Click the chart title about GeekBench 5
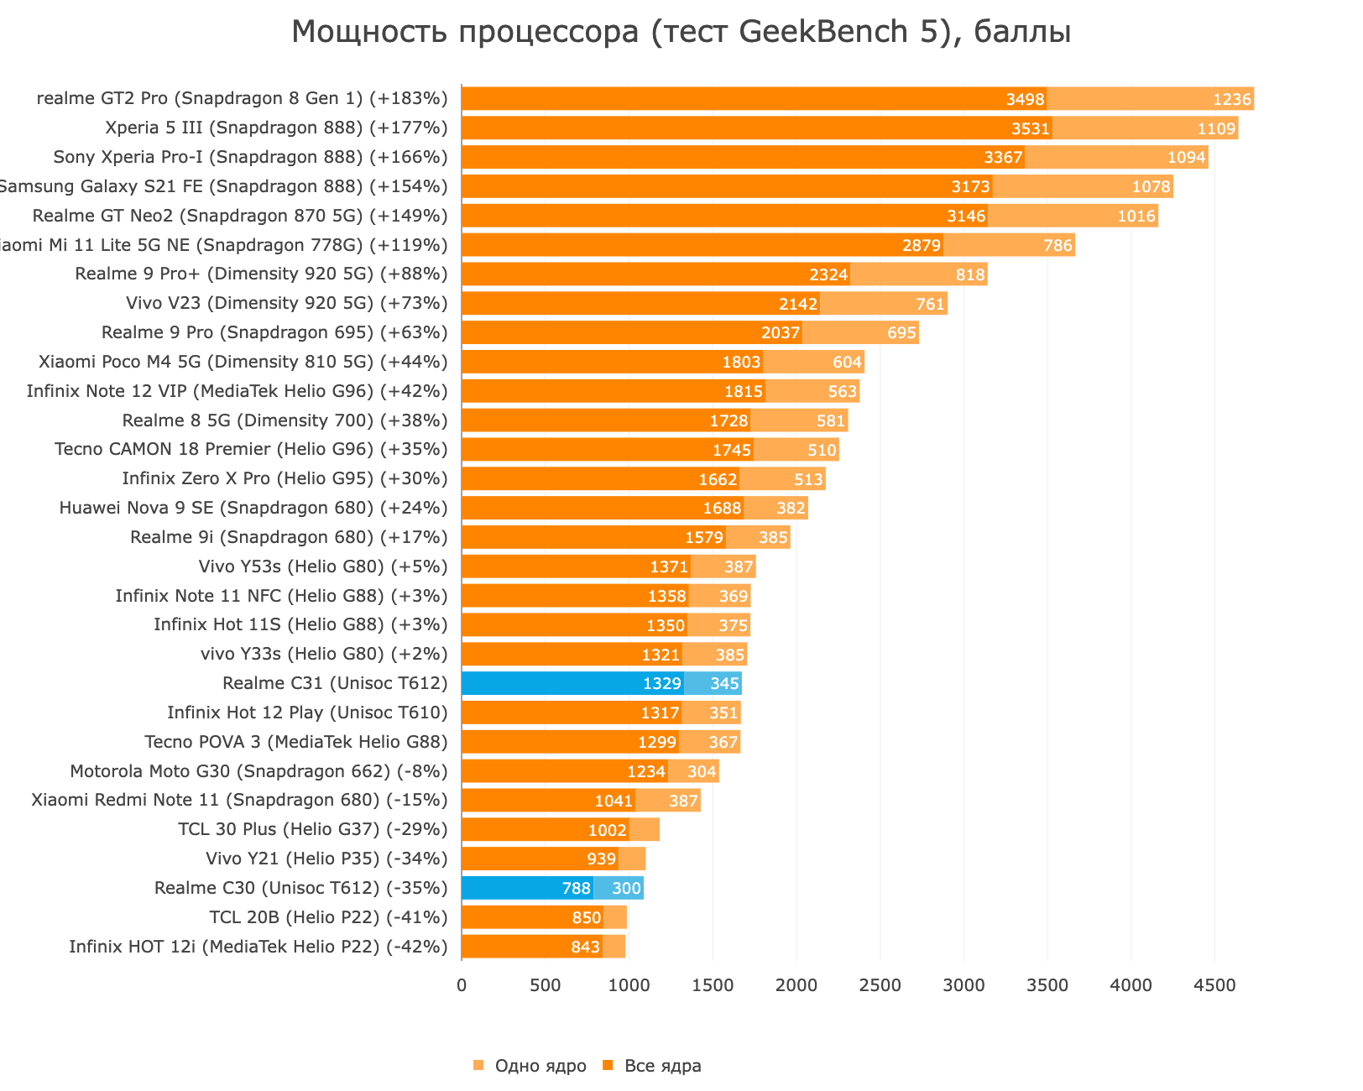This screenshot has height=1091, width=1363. pos(681,33)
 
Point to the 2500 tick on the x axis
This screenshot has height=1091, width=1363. pos(880,985)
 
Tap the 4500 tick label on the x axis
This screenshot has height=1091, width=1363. pos(1214,985)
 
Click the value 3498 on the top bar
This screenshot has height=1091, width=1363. pos(1025,100)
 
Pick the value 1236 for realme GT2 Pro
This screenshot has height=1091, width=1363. pos(1232,100)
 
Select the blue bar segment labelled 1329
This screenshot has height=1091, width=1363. pos(572,683)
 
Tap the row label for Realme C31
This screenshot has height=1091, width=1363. pos(335,683)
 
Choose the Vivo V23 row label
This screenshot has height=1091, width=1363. pos(287,303)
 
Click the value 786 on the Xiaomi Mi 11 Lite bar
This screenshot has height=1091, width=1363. pos(1057,245)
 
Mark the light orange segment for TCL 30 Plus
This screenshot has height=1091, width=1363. pos(645,830)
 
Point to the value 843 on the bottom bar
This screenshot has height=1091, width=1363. pos(586,947)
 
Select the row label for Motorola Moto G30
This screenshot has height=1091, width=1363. pos(258,771)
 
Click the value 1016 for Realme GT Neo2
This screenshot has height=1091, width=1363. pos(1136,216)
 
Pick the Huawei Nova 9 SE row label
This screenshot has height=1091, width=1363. pos(253,508)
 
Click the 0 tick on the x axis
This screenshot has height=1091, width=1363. pos(462,985)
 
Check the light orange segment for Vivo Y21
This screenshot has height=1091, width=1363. pos(632,859)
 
